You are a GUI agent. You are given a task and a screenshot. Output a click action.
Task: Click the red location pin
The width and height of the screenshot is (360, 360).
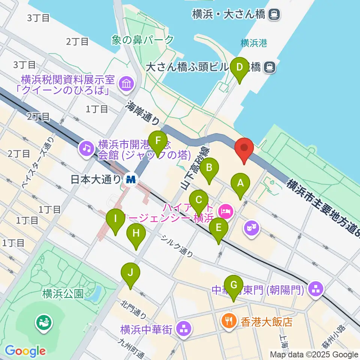(244, 149)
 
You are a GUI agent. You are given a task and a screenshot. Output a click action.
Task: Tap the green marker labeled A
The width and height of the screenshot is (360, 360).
(240, 184)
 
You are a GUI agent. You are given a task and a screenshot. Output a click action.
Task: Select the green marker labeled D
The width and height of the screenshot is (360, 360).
(240, 68)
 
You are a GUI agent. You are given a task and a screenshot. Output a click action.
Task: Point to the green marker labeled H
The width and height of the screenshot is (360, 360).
(136, 234)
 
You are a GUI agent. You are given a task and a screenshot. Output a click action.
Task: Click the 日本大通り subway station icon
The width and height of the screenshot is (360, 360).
(131, 179)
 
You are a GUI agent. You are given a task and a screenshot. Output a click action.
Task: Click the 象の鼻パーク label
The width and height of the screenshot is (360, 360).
(142, 40)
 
